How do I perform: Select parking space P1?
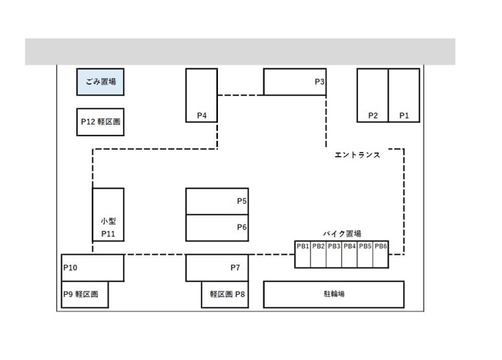(x=404, y=95)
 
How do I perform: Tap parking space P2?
(x=373, y=95)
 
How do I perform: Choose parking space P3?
(x=295, y=82)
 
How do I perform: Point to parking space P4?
(x=201, y=95)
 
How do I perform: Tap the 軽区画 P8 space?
(x=225, y=294)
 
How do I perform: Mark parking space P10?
(x=92, y=268)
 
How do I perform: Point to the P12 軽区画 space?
(x=100, y=122)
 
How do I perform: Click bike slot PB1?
(x=303, y=255)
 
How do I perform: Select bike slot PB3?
(x=334, y=255)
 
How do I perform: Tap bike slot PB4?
(x=350, y=255)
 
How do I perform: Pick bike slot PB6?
(x=380, y=255)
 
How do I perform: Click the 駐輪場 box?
(x=333, y=294)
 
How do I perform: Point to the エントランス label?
(x=357, y=155)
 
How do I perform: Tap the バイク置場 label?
(x=342, y=233)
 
